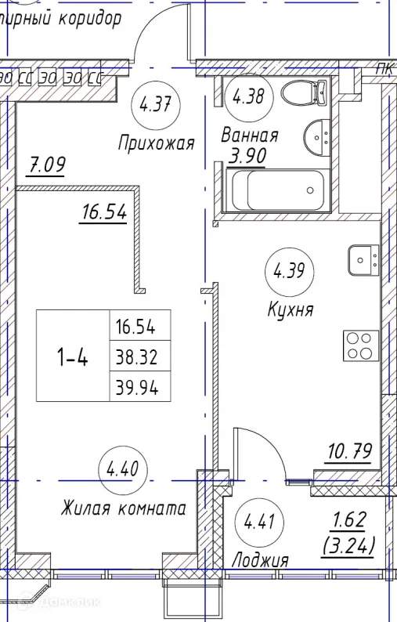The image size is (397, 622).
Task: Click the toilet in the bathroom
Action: (x=300, y=94)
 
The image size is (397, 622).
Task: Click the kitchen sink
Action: (x=363, y=260)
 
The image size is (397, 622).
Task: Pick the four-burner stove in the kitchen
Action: (x=361, y=346)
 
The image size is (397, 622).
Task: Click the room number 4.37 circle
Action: (x=154, y=103)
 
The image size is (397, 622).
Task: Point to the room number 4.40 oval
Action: (x=121, y=472)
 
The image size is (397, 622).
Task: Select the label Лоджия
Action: (x=260, y=560)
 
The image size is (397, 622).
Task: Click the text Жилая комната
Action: (x=123, y=508)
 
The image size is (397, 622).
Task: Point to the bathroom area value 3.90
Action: (x=247, y=155)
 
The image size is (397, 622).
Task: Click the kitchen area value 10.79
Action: (x=348, y=451)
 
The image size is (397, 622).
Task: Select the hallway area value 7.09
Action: (x=46, y=165)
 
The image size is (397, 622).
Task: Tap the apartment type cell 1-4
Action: (x=72, y=356)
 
